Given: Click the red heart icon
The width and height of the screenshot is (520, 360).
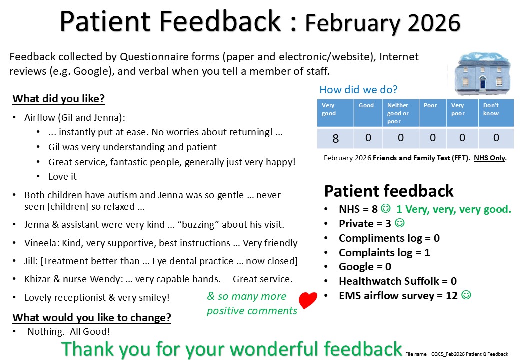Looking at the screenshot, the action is [308, 300].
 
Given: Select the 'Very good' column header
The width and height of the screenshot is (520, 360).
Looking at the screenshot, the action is [328, 109].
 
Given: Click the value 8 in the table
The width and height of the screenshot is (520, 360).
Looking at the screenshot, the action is [335, 138].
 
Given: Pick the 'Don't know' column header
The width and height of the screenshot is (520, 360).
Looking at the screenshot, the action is [491, 109].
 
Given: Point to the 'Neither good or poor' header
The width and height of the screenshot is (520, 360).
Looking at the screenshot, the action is [398, 113].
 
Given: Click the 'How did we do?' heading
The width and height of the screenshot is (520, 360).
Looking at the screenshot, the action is [358, 89].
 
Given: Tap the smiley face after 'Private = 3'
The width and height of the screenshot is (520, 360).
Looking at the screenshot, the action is [400, 223].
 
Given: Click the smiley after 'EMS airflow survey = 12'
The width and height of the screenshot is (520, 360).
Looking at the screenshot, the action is [466, 294].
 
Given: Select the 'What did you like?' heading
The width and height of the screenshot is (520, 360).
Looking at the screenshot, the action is [58, 99].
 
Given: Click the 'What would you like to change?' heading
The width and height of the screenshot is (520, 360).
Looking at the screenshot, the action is [92, 317].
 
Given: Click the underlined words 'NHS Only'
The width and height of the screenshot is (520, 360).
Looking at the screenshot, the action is [489, 158].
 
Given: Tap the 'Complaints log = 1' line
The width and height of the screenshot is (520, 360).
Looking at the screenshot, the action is [384, 253].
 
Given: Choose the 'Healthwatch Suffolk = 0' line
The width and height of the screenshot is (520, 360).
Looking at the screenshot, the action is [398, 281].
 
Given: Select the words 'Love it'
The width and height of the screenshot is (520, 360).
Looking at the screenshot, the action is [62, 177].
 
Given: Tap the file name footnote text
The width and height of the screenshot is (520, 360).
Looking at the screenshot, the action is [457, 354].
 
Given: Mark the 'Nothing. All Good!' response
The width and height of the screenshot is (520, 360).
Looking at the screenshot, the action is [69, 332].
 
